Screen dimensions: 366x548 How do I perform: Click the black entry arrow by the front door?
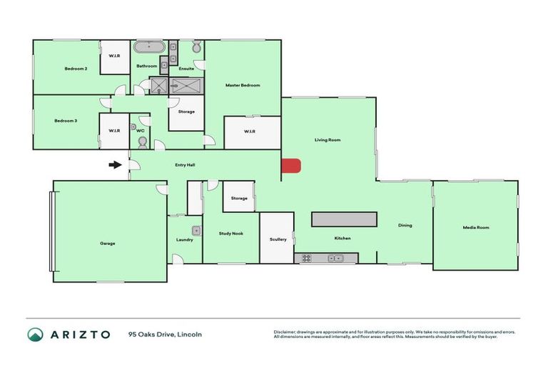pyautogui.click(x=114, y=165)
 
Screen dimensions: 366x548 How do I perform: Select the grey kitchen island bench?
pyautogui.click(x=343, y=218)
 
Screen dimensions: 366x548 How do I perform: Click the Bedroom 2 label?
pyautogui.click(x=76, y=69)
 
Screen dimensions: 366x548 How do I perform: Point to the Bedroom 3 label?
pyautogui.click(x=66, y=121)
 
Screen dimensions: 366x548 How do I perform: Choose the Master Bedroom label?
pyautogui.click(x=243, y=85)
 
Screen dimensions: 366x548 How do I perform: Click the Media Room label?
pyautogui.click(x=476, y=227)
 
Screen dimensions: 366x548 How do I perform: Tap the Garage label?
pyautogui.click(x=108, y=243)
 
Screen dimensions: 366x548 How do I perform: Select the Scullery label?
pyautogui.click(x=278, y=239)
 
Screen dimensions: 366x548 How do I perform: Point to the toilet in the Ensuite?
pyautogui.click(x=196, y=48)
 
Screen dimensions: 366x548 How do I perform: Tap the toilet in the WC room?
pyautogui.click(x=141, y=142)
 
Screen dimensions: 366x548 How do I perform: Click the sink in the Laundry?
pyautogui.click(x=196, y=230)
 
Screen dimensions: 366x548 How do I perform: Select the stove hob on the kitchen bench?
pyautogui.click(x=307, y=258)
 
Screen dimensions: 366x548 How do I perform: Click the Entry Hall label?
pyautogui.click(x=186, y=165)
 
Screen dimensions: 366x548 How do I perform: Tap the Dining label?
pyautogui.click(x=405, y=225)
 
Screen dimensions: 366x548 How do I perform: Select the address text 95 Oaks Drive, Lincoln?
pyautogui.click(x=166, y=334)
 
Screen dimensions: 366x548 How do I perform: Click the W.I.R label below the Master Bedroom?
pyautogui.click(x=249, y=131)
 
